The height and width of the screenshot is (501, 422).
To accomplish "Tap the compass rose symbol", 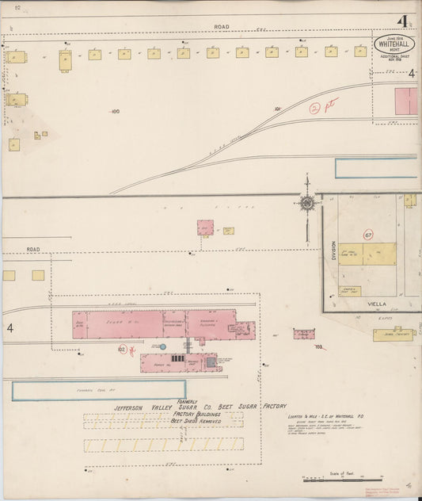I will point(306,203).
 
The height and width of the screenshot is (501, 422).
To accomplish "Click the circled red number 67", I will point(368,235).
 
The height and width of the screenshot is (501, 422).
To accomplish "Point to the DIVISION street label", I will point(333,251).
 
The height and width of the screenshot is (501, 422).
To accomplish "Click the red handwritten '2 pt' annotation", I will point(323,106).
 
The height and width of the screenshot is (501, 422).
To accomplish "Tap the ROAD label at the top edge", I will point(221,27).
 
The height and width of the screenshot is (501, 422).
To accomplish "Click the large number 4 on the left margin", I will point(10,327).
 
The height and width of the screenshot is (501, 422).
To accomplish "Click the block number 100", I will point(116,112).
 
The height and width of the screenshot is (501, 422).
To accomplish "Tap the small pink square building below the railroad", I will point(206,228).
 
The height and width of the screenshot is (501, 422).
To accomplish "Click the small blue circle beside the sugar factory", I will point(162,346).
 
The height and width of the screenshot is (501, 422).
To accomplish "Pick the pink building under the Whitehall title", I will point(406,101).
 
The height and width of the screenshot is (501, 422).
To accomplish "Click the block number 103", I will point(318,347).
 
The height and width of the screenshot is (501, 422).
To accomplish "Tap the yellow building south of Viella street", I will point(393,335).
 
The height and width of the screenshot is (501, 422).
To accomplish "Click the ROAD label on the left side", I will point(32,249).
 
